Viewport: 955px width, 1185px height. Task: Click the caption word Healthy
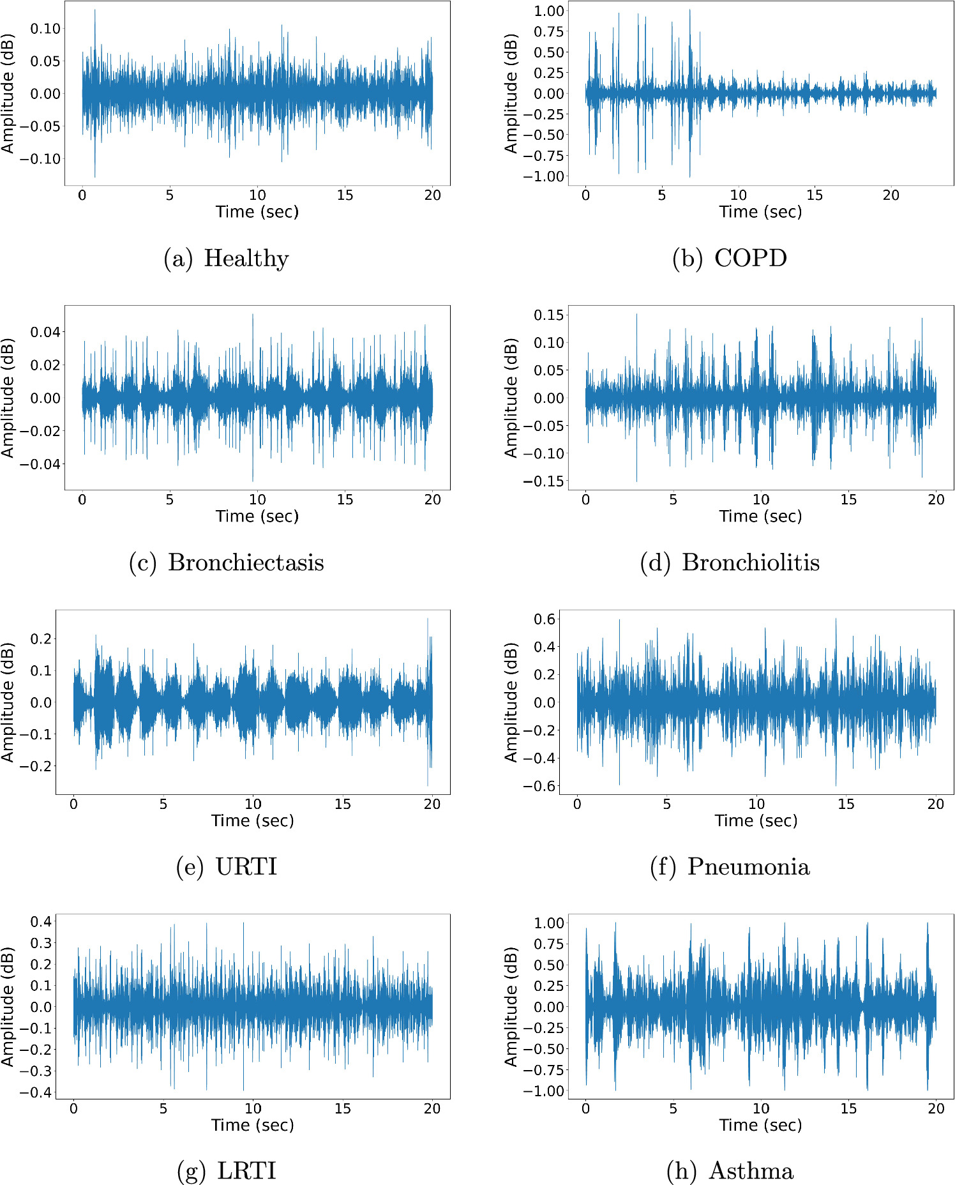[246, 259]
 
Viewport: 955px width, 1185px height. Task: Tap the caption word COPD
[750, 259]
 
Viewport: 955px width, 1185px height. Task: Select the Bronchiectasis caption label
[246, 563]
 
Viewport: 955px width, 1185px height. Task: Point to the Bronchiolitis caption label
[751, 563]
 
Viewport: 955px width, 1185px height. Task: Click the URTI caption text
[246, 867]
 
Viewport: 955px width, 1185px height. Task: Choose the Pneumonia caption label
[748, 867]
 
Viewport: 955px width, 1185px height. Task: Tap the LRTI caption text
[246, 1172]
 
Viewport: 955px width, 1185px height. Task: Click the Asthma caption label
[751, 1172]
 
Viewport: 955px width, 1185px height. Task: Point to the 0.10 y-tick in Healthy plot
[45, 29]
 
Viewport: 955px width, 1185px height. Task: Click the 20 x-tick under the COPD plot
[891, 195]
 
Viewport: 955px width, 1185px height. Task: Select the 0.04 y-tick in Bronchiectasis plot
[45, 332]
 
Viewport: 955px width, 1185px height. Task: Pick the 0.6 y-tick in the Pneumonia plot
[545, 619]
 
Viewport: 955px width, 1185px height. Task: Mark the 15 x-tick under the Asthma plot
[848, 1109]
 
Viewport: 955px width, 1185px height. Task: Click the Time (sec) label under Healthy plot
[257, 212]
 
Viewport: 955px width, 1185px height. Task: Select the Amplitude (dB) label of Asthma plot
[511, 1007]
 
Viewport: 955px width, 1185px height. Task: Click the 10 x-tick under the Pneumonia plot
[756, 804]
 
